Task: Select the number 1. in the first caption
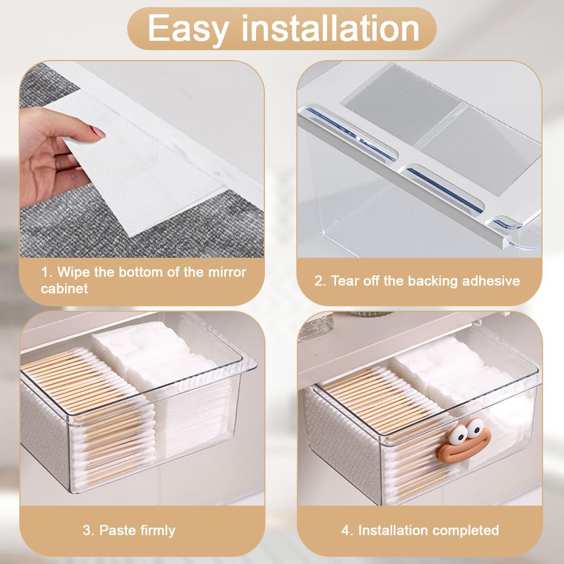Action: click(47, 272)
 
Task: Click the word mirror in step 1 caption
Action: click(225, 272)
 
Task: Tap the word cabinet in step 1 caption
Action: click(64, 289)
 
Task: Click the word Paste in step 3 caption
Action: click(116, 530)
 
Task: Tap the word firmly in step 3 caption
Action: click(156, 530)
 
